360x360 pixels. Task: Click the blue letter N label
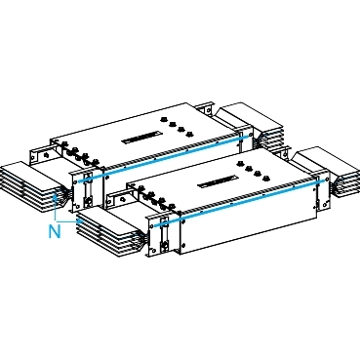pos(55,231)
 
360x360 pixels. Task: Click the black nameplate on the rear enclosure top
pos(140,135)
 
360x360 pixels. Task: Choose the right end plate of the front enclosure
pos(315,189)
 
